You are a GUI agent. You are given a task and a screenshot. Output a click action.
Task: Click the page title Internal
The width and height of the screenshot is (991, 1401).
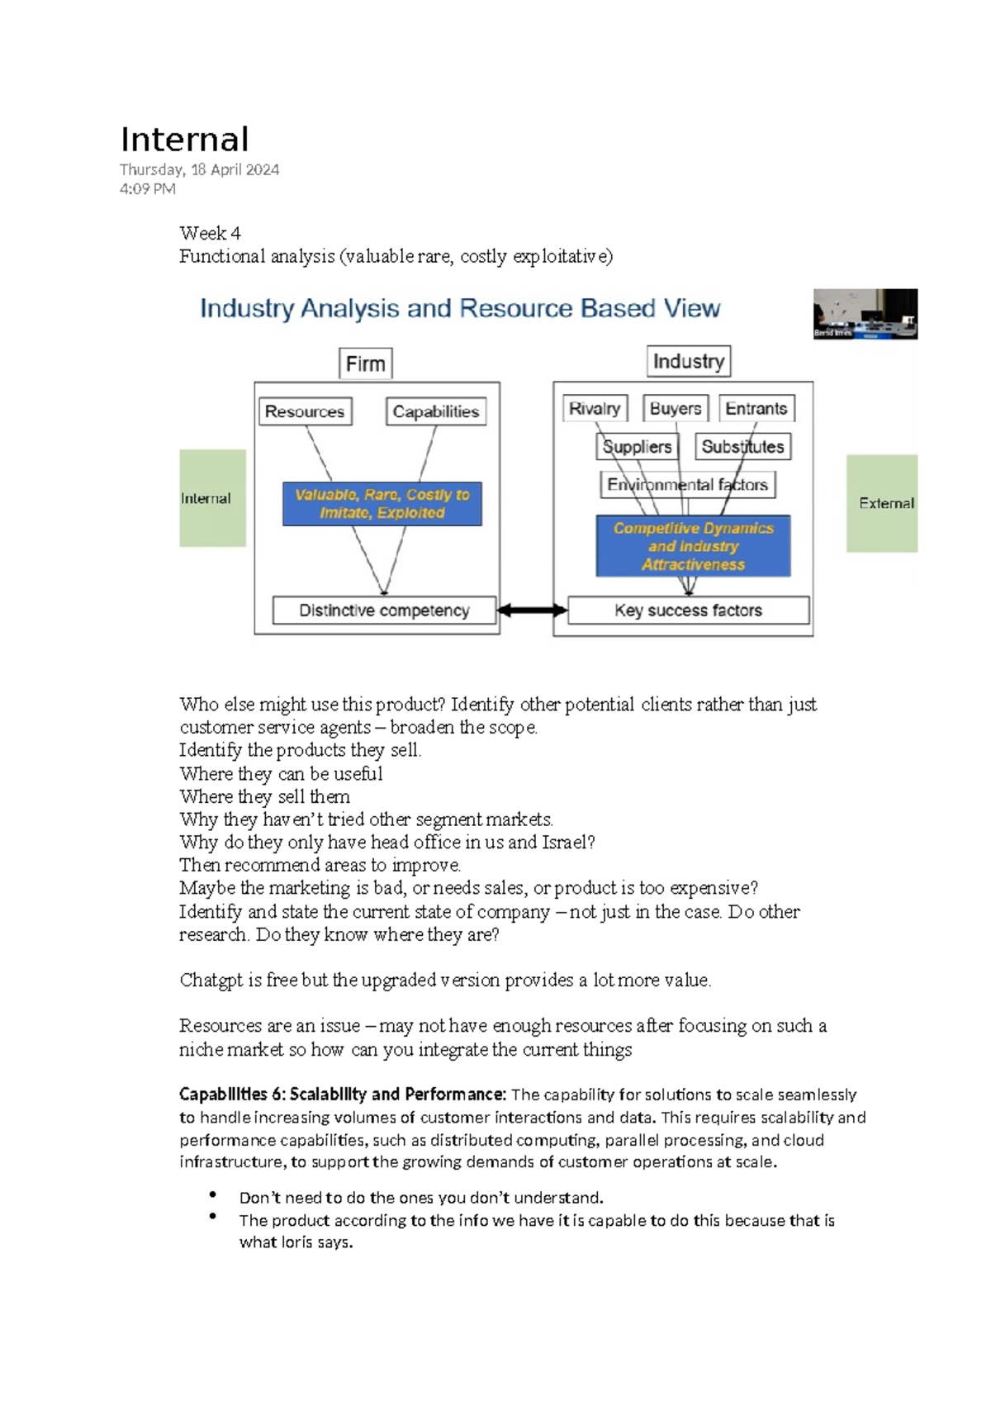tap(184, 140)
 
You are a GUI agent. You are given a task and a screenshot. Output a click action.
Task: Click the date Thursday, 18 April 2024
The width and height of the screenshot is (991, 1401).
tap(199, 169)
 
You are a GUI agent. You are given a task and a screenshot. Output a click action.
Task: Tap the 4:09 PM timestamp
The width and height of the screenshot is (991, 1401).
tap(147, 188)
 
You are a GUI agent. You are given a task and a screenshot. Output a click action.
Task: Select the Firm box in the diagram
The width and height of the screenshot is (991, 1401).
tap(365, 363)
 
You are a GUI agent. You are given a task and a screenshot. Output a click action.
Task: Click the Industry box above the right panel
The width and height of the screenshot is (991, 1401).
tap(688, 361)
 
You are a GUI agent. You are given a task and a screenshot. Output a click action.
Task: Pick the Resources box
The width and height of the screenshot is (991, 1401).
tap(305, 411)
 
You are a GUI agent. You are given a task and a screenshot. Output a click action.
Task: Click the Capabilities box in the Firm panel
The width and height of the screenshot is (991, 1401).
tap(435, 411)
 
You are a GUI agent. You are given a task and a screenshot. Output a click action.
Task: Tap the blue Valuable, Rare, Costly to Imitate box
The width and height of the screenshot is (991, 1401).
tap(382, 504)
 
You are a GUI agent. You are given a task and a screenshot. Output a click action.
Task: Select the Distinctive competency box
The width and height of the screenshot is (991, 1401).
tap(384, 610)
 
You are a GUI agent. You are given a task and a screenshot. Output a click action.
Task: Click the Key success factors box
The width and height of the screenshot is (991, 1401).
tap(688, 610)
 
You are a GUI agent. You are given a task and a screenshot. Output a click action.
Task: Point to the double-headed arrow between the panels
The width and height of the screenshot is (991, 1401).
tap(532, 610)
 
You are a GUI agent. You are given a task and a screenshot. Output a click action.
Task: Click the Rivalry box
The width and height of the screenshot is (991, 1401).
tap(595, 409)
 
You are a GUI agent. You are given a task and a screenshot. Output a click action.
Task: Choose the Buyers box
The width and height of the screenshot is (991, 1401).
tap(675, 409)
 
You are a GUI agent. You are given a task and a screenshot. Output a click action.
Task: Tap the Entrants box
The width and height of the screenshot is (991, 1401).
tap(756, 409)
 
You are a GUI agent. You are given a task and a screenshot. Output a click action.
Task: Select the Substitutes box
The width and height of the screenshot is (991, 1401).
tap(742, 447)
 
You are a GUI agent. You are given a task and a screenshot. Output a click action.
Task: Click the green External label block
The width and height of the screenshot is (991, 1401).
tap(882, 503)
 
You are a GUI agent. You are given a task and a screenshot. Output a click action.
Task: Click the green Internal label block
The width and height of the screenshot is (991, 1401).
tap(212, 498)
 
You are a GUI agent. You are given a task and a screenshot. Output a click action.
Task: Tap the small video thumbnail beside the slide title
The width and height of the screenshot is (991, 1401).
tap(865, 314)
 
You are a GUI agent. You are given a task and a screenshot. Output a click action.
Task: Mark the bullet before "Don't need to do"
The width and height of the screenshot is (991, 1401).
tap(213, 1194)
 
